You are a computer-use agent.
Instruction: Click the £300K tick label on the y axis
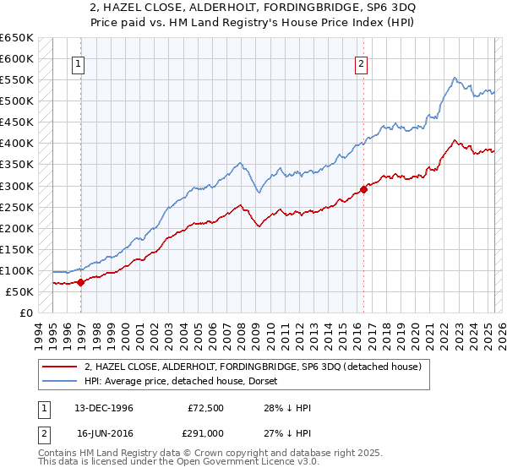click(x=16, y=186)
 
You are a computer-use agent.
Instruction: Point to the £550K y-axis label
click(x=16, y=80)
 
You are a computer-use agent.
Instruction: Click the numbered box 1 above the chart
click(x=78, y=63)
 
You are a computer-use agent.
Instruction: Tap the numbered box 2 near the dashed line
click(x=361, y=63)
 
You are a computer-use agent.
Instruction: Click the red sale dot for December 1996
click(x=81, y=282)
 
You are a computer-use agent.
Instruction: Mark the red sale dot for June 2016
click(x=364, y=189)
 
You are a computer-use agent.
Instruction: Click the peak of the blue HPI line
click(x=455, y=78)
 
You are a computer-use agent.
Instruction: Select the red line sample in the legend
click(x=59, y=367)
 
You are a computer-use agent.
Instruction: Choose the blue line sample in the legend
click(x=59, y=382)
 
